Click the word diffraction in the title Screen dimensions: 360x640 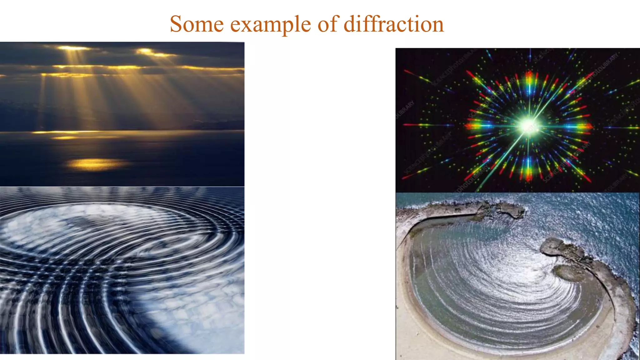pos(394,24)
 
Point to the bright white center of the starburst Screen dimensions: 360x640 pos(528,126)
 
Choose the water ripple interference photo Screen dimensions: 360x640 pos(122,270)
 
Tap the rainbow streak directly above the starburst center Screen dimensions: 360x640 pos(529,80)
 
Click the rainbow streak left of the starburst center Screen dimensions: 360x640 pos(478,126)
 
